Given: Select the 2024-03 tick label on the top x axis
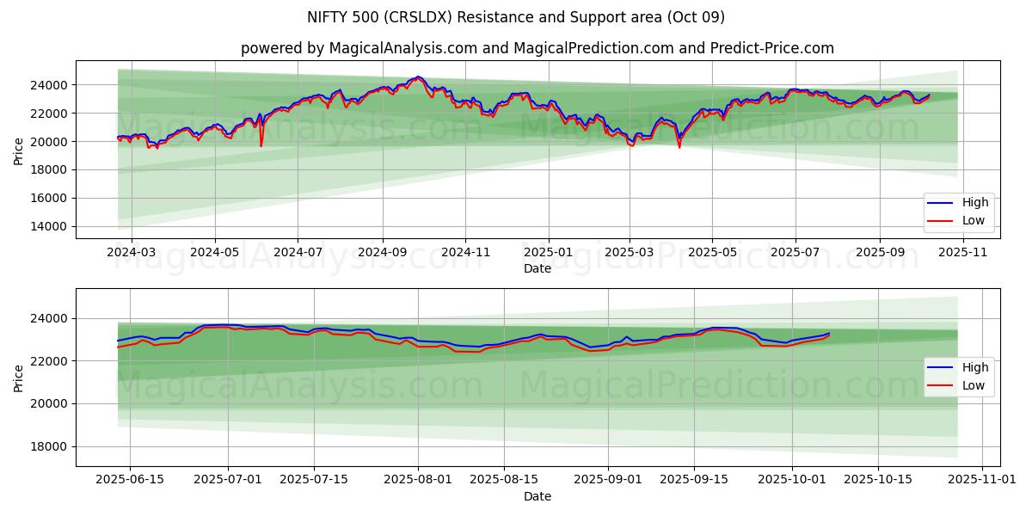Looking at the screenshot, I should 132,253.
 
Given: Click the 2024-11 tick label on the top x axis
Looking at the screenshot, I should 465,253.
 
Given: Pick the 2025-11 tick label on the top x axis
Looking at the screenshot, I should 963,253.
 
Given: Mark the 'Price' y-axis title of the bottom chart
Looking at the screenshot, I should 19,378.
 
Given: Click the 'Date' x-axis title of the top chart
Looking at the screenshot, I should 537,268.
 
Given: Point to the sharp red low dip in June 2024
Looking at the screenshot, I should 261,144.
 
